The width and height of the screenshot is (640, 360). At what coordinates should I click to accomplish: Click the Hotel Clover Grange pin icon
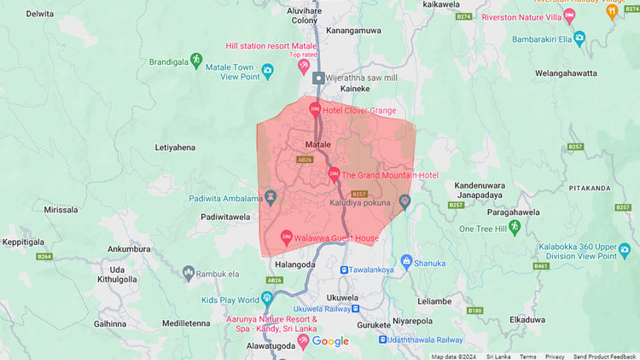(x=315, y=109)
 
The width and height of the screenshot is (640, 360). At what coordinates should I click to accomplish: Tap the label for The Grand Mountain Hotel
(x=390, y=175)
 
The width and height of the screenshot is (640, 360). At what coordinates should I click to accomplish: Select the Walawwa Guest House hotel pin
(x=286, y=235)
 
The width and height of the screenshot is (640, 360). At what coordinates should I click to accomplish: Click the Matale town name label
(x=317, y=144)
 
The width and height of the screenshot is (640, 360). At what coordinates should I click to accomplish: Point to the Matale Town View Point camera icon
(x=267, y=71)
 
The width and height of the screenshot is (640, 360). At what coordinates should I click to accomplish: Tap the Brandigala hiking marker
(x=196, y=59)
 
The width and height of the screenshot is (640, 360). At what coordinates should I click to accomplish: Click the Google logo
(x=330, y=341)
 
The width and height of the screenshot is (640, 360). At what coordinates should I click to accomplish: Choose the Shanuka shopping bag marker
(x=406, y=261)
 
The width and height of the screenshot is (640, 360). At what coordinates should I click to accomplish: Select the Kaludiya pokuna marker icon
(x=404, y=201)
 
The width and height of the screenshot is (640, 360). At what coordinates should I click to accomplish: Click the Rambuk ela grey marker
(x=189, y=273)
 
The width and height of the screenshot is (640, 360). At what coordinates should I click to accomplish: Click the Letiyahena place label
(x=175, y=148)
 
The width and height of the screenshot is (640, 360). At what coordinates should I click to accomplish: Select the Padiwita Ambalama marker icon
(x=271, y=196)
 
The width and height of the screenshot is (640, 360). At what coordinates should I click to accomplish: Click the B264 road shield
(x=45, y=256)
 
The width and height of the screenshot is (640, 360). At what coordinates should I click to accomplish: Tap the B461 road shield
(x=541, y=266)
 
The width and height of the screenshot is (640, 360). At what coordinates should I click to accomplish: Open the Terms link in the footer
(x=528, y=357)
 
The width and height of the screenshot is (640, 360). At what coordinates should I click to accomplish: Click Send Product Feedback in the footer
(x=604, y=357)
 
